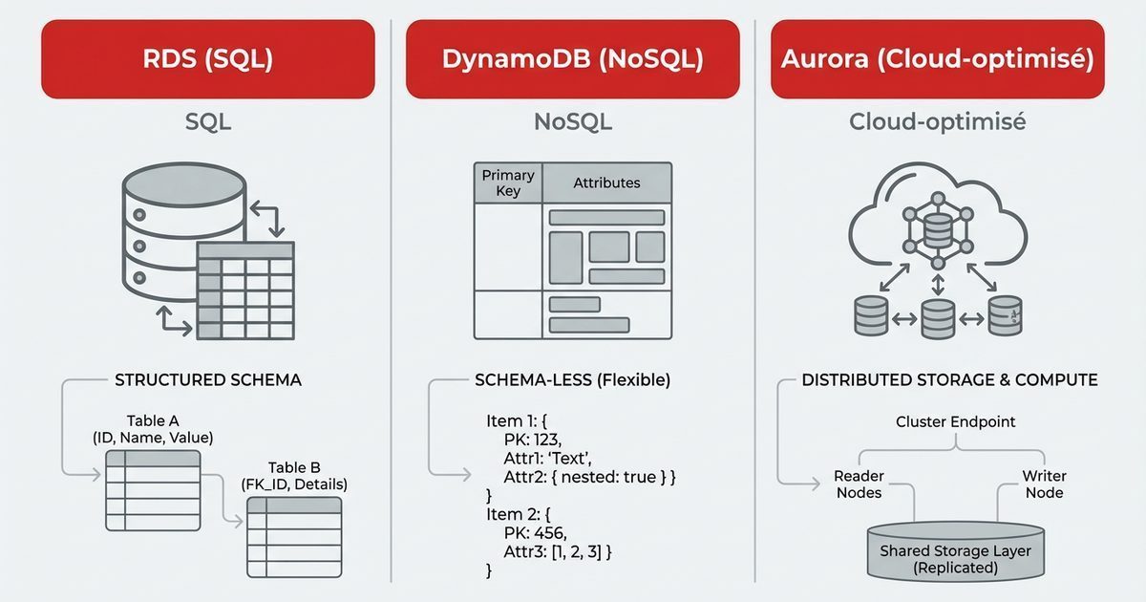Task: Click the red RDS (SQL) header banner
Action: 208,59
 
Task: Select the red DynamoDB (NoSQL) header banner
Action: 572,59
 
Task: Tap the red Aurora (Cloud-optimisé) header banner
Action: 937,59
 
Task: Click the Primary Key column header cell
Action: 508,183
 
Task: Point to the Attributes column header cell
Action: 606,183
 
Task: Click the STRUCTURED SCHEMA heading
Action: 208,379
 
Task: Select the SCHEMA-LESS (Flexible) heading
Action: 573,379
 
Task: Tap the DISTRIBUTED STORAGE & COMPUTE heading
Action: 949,379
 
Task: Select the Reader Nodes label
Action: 859,484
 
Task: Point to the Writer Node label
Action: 1044,484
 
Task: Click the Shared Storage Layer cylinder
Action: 955,552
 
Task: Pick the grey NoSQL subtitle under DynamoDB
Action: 572,122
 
